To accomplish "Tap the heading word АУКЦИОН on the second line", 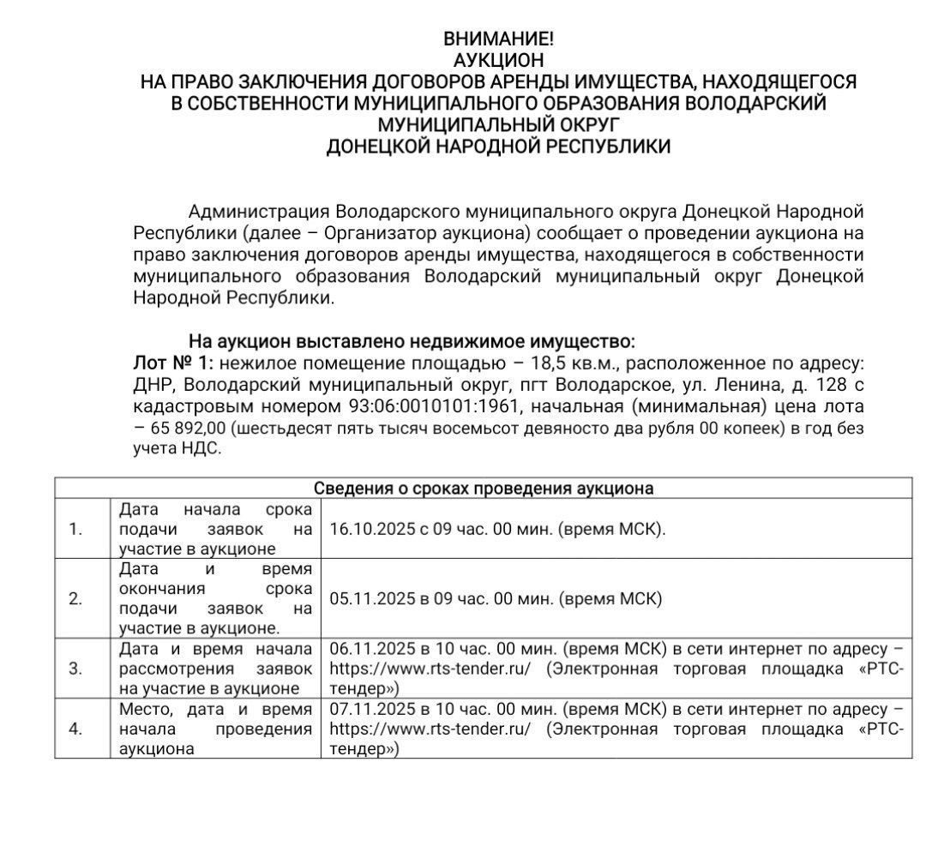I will point(498,60).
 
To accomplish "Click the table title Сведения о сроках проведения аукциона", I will point(483,489).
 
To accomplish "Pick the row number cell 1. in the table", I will point(75,529).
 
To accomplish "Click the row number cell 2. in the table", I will point(75,598).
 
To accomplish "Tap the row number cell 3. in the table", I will point(75,668).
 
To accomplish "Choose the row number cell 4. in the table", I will point(75,729).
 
